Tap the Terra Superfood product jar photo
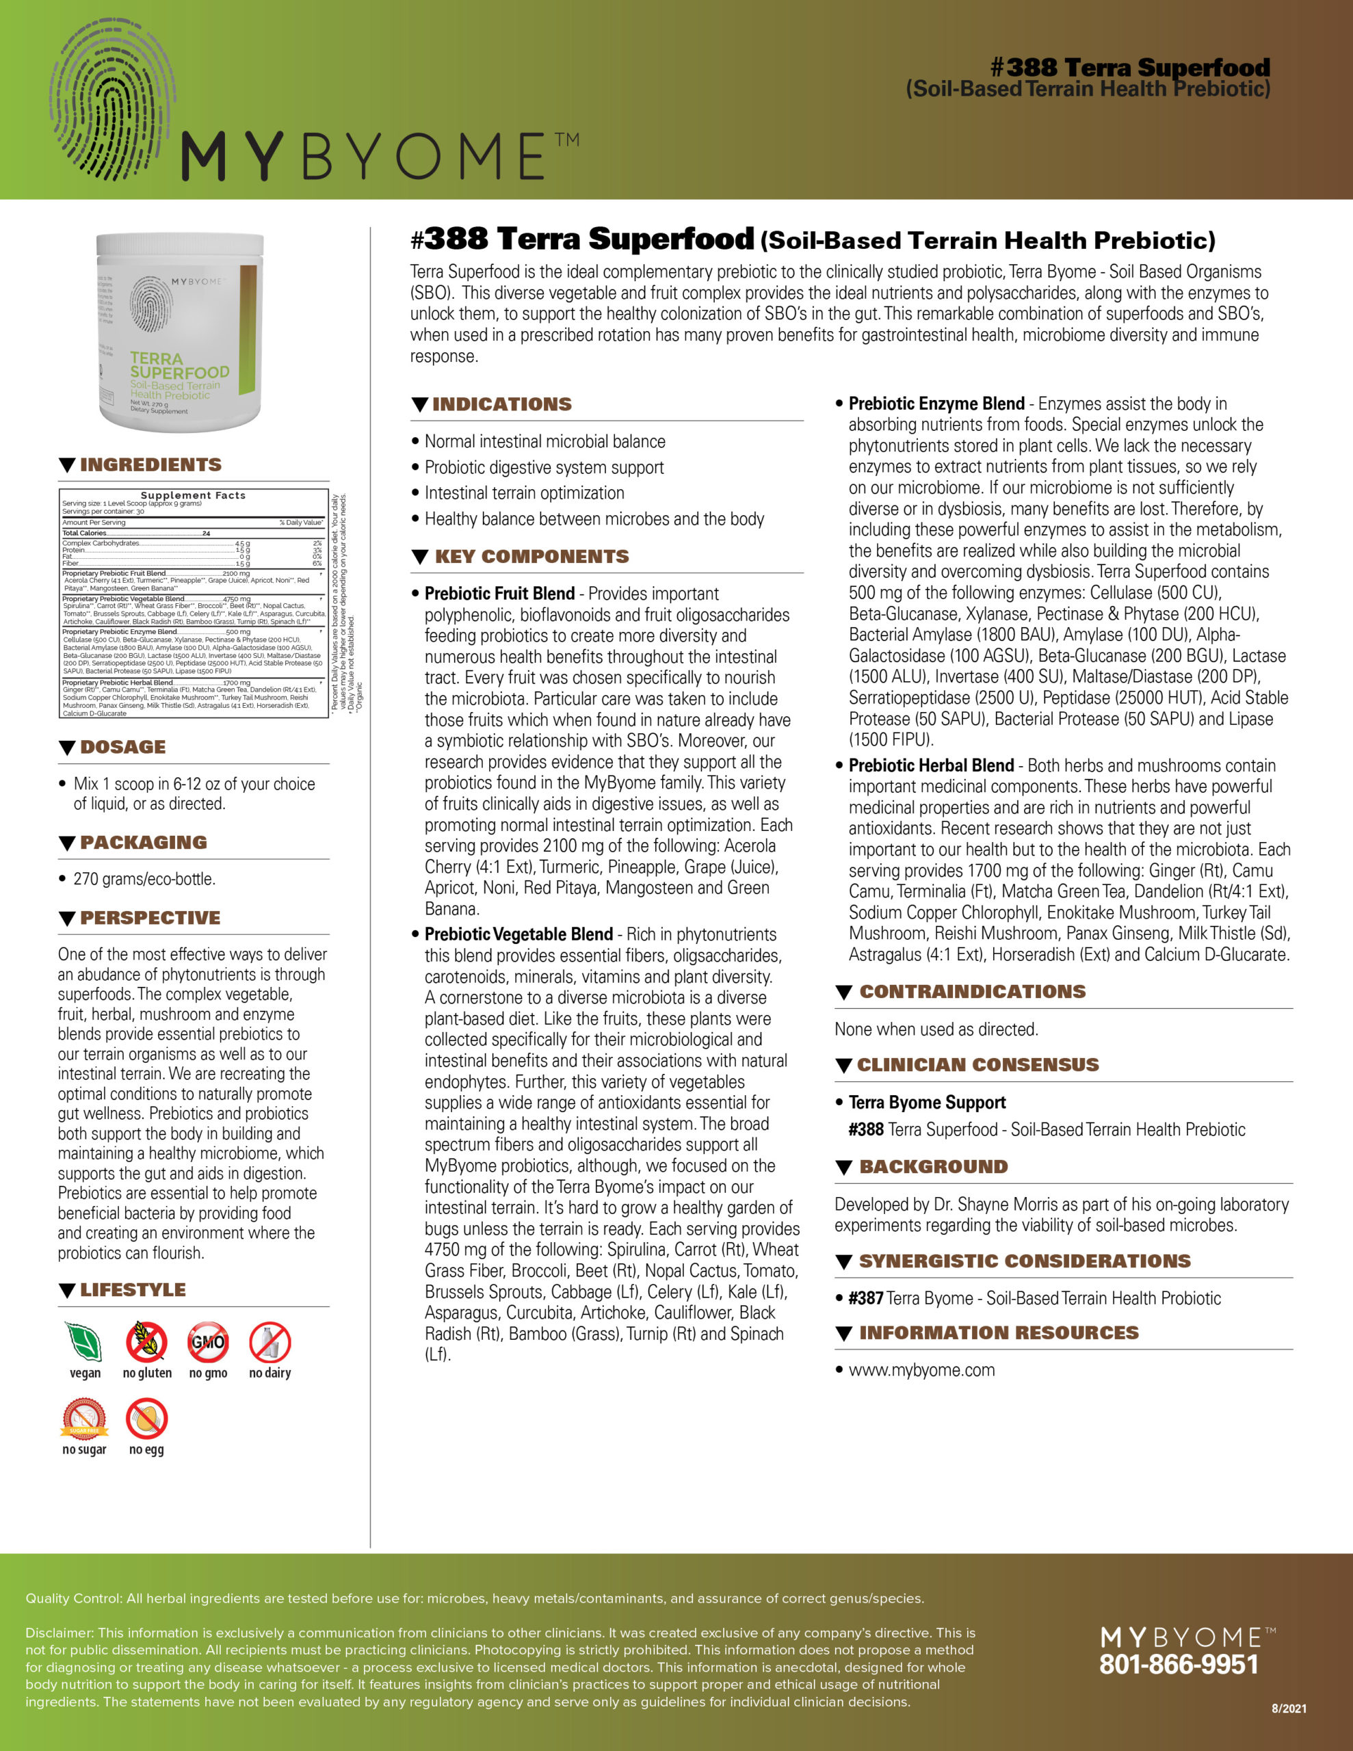tap(180, 331)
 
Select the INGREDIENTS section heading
tap(150, 465)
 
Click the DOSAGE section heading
tap(122, 747)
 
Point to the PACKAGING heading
tap(143, 843)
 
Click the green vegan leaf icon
tap(84, 1343)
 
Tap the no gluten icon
tap(147, 1343)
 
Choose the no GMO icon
tap(209, 1343)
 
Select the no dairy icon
tap(270, 1343)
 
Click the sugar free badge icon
tap(84, 1419)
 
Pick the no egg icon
tap(147, 1419)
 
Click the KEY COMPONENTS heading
tap(531, 556)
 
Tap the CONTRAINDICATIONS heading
tap(972, 992)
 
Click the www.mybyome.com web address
tap(921, 1370)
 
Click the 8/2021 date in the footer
tap(1289, 1709)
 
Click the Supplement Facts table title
tap(194, 495)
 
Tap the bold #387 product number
tap(865, 1298)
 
